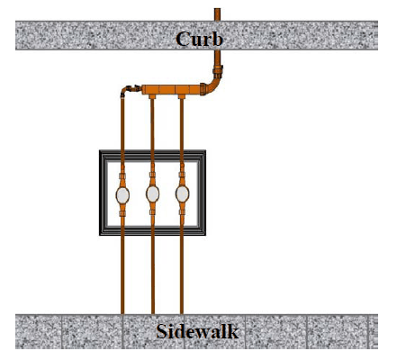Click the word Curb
(x=199, y=39)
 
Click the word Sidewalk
(x=197, y=331)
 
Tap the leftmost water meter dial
(x=122, y=195)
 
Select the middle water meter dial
(x=152, y=194)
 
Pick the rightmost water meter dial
(x=182, y=194)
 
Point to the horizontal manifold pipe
(x=171, y=89)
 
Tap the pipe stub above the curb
(x=217, y=14)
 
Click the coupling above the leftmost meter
(x=122, y=175)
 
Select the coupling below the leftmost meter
(x=122, y=213)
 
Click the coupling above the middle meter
(x=152, y=175)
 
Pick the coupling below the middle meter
(x=152, y=212)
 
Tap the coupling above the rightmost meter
(x=182, y=175)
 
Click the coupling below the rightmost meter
(x=182, y=212)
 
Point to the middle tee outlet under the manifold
(x=152, y=96)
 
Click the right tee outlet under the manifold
(x=182, y=96)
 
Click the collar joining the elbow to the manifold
(x=203, y=89)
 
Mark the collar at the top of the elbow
(x=218, y=72)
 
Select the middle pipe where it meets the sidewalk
(x=153, y=312)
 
